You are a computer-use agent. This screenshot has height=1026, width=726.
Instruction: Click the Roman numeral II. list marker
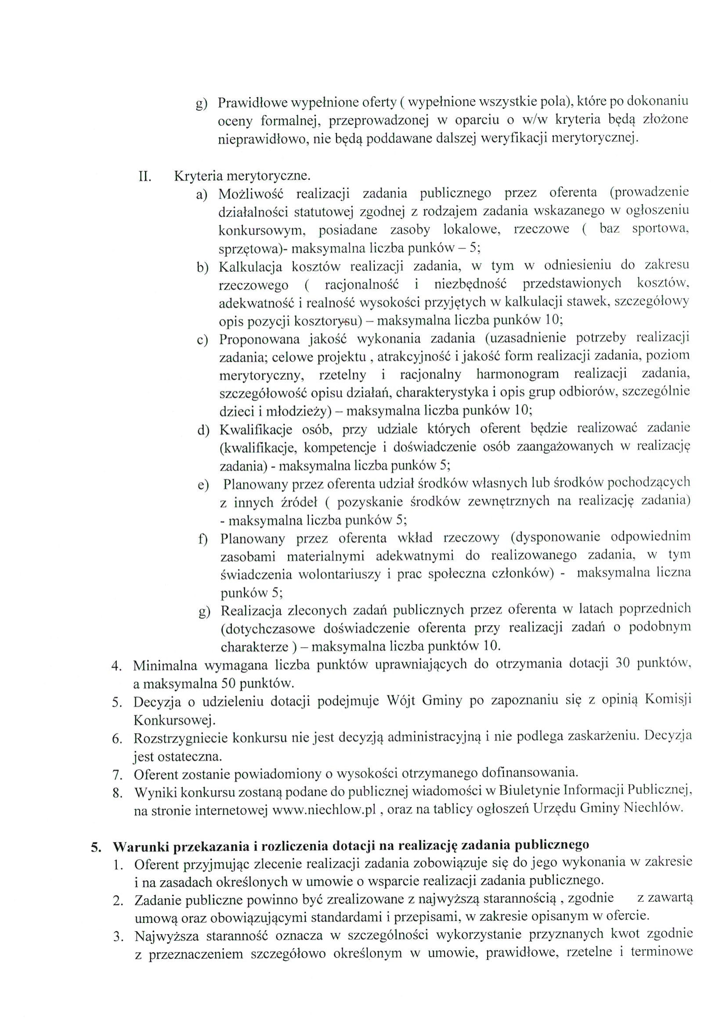[145, 176]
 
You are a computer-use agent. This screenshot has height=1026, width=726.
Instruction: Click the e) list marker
[203, 485]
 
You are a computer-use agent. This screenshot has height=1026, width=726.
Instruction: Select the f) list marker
[203, 540]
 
